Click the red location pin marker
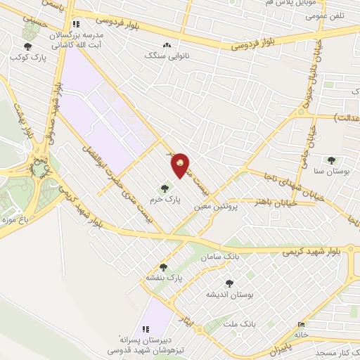pyautogui.click(x=180, y=165)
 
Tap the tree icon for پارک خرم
pyautogui.click(x=165, y=188)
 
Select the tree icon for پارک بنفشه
pyautogui.click(x=163, y=266)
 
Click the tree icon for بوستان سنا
pyautogui.click(x=330, y=160)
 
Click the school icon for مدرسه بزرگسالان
pyautogui.click(x=77, y=23)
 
